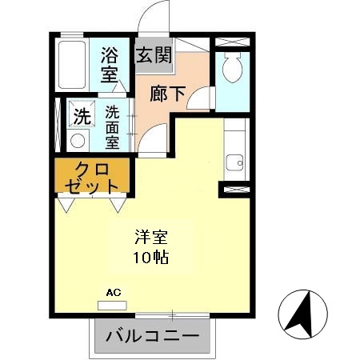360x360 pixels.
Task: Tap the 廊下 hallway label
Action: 168,93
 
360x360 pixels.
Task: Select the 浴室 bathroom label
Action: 110,66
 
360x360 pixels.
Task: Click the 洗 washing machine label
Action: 81,115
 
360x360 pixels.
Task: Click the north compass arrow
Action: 302,315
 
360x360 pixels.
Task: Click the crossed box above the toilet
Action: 233,39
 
